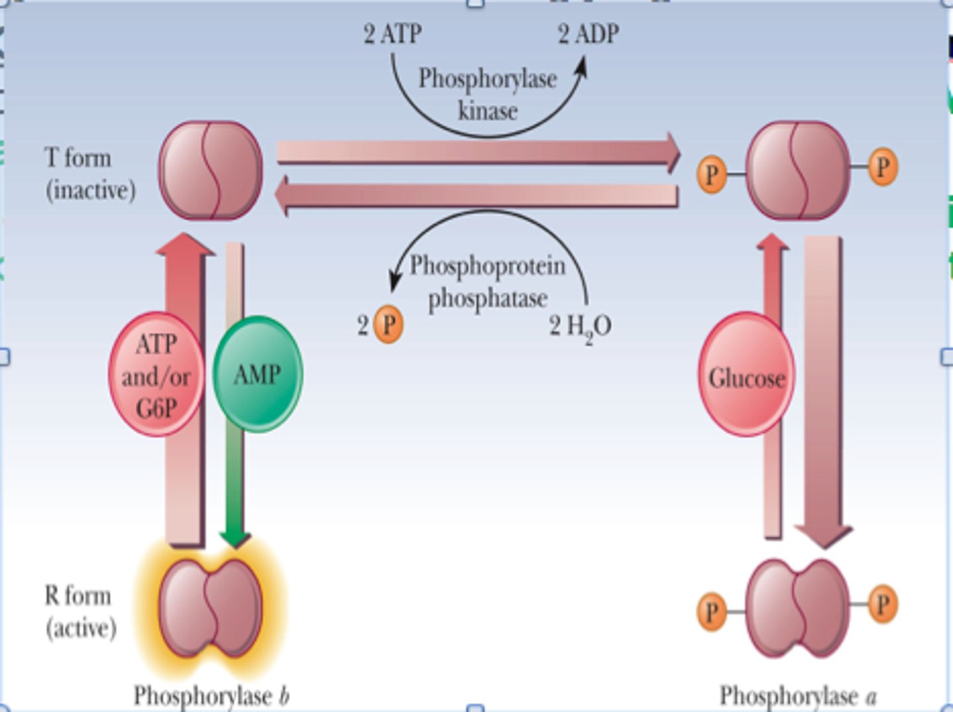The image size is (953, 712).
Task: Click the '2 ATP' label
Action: [x=392, y=34]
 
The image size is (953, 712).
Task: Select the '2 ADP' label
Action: [x=588, y=34]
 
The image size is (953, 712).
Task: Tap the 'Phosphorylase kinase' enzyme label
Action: [x=487, y=94]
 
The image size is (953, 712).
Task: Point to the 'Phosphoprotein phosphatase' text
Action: [x=488, y=282]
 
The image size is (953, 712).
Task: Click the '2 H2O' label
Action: [x=580, y=326]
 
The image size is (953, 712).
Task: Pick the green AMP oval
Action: [x=257, y=375]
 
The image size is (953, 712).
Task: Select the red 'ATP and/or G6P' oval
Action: [x=156, y=375]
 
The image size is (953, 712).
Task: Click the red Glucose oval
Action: [x=747, y=377]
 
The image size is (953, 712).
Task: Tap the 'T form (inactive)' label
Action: [x=90, y=173]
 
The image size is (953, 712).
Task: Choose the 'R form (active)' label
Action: [x=80, y=611]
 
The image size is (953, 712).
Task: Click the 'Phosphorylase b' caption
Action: [x=211, y=695]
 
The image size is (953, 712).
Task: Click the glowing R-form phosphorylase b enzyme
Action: [x=210, y=607]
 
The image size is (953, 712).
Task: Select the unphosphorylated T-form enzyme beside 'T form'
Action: [x=210, y=171]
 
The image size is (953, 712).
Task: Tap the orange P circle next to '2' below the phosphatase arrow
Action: [x=388, y=324]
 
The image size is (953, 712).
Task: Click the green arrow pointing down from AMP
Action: [x=234, y=490]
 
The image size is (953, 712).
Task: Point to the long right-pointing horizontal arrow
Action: [x=476, y=152]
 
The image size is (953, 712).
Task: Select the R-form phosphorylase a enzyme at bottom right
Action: [x=797, y=607]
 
